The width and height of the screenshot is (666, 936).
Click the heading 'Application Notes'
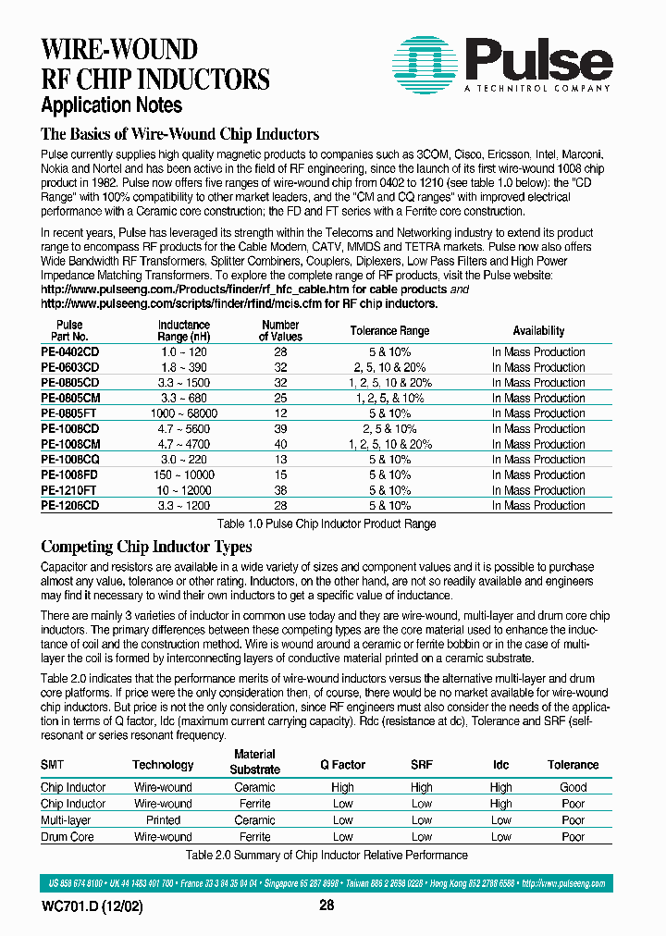[x=112, y=105]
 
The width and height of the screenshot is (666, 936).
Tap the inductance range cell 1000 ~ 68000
[x=184, y=413]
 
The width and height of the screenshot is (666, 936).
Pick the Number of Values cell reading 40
[x=280, y=444]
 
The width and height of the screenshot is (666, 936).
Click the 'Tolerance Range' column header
[x=389, y=331]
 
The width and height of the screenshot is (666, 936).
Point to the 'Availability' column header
[x=538, y=331]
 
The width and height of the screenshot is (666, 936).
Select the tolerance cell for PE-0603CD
[x=389, y=367]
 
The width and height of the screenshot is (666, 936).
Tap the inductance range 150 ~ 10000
[x=184, y=474]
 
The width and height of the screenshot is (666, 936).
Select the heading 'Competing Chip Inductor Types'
[x=146, y=547]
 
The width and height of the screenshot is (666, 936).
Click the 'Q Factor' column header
[x=342, y=765]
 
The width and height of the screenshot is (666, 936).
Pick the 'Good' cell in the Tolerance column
[x=573, y=787]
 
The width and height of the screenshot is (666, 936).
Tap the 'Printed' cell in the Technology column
[x=163, y=820]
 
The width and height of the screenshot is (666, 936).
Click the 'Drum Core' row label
[x=68, y=837]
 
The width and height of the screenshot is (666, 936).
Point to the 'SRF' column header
[x=421, y=765]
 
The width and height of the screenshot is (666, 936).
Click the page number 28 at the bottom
[x=327, y=905]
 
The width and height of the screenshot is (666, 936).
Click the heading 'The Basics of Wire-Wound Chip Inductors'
[x=180, y=134]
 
